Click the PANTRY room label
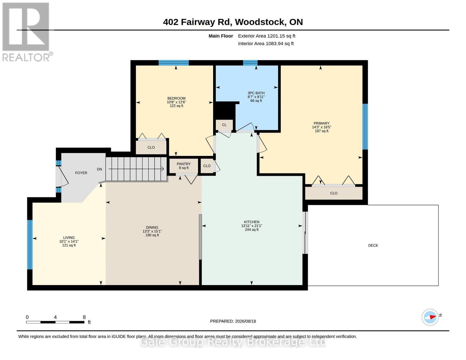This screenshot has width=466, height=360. coord(184,164)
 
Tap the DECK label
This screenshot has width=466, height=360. coord(373,245)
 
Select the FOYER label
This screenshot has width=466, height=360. coord(81,173)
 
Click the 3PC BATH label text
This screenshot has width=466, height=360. coord(256,93)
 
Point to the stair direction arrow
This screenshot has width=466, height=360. coord(136,169)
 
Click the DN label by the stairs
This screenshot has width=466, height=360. coord(99,169)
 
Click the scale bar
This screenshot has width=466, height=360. coord(55,322)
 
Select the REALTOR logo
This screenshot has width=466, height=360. coord(27,32)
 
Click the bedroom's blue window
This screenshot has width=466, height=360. coord(174,63)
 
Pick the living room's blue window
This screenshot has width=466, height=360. coord(30,244)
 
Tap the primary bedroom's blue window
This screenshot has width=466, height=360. coord(365,127)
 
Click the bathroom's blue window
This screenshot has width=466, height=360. coord(250,63)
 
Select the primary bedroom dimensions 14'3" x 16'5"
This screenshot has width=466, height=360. coord(321,127)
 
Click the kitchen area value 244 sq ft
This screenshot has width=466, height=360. coord(252,229)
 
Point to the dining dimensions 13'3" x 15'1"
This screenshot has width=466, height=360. coord(152,231)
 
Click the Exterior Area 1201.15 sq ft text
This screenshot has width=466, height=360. coord(266,36)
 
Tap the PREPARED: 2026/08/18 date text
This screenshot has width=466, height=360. coord(233,321)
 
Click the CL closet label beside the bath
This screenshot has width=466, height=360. coord(224,125)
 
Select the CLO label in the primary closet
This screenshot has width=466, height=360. coord(334,193)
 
